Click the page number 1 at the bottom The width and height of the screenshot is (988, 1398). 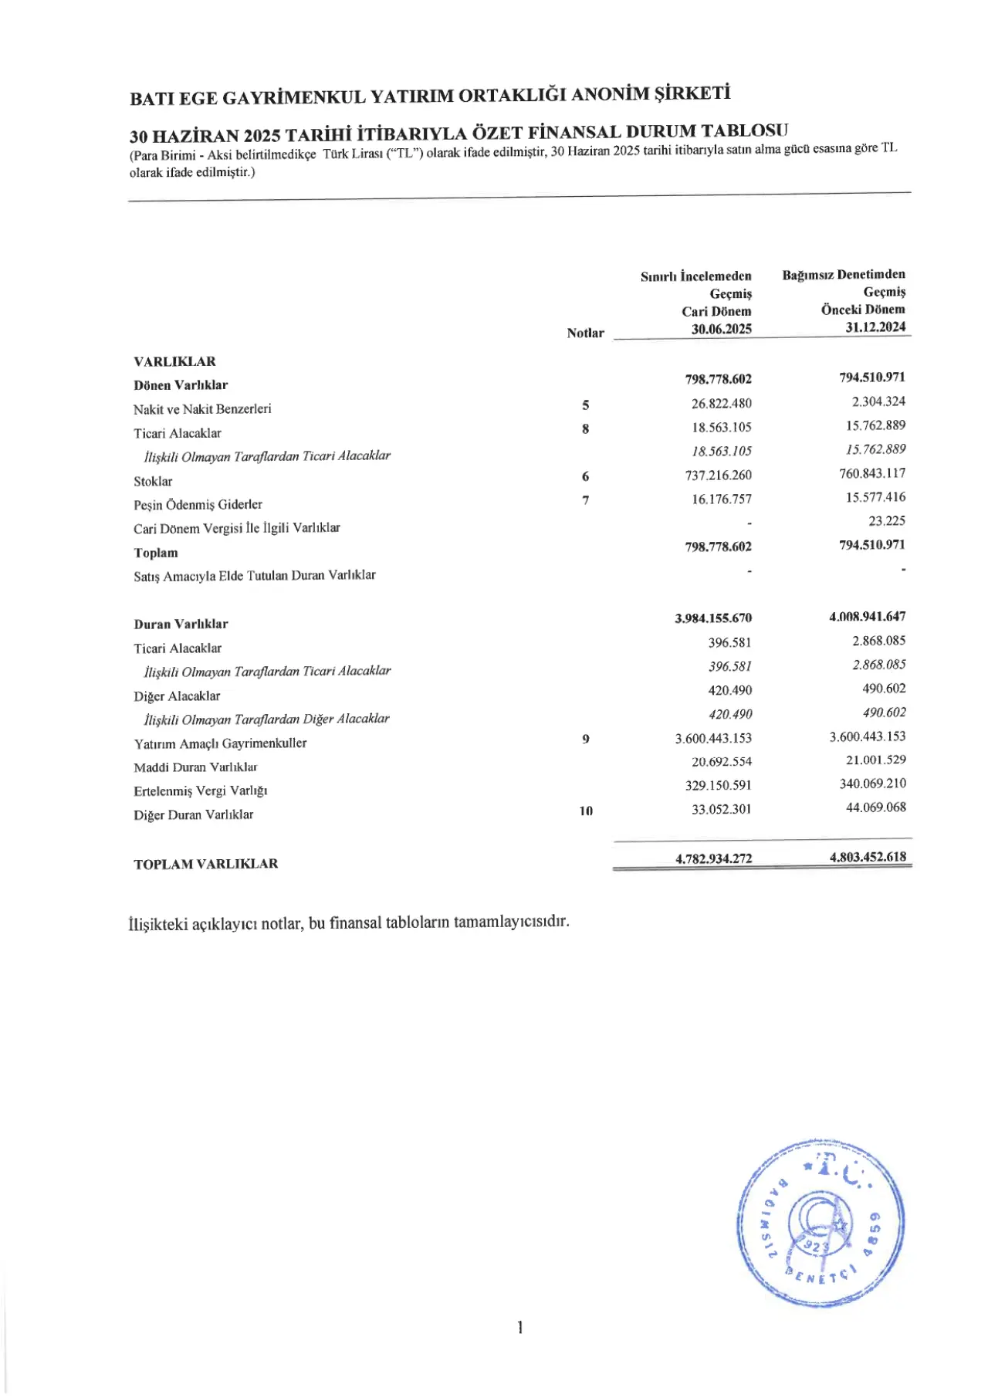point(520,1328)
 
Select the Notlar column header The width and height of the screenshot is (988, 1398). point(585,333)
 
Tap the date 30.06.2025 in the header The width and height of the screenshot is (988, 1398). point(721,329)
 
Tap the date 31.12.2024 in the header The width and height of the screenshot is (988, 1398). point(875,327)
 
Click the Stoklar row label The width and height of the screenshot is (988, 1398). point(153,482)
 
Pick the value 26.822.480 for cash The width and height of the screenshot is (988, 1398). point(721,404)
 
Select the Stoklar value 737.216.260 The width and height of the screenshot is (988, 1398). point(718,476)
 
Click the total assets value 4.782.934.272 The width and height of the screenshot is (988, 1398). point(713,858)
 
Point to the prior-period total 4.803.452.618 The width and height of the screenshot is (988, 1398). point(868,857)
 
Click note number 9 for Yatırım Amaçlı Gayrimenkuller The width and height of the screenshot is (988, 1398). point(586,740)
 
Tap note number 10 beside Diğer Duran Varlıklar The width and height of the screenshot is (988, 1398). point(586,811)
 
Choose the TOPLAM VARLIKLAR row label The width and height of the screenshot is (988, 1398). point(205,865)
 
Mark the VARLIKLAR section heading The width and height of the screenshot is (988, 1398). point(174,362)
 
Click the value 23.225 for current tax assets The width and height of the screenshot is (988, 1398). point(887,521)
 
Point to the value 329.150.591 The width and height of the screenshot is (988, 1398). point(718,786)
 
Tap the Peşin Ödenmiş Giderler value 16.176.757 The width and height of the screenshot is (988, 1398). point(721,499)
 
